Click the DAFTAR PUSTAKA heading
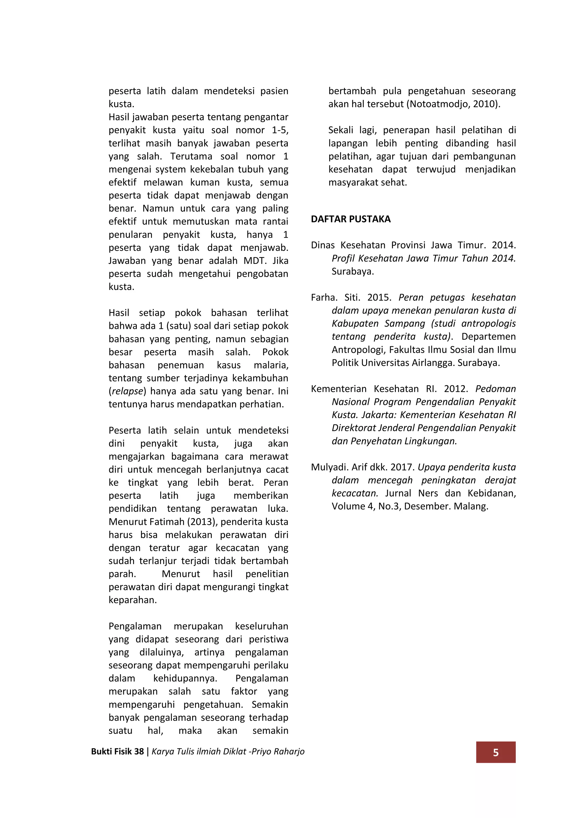tap(351, 219)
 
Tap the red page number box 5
tap(496, 752)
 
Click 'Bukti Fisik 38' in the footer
tap(117, 751)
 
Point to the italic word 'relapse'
tap(127, 391)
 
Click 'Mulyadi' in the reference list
tap(329, 467)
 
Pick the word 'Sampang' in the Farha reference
tap(405, 324)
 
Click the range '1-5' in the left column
tap(280, 130)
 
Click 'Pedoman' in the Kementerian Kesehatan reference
tap(496, 389)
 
